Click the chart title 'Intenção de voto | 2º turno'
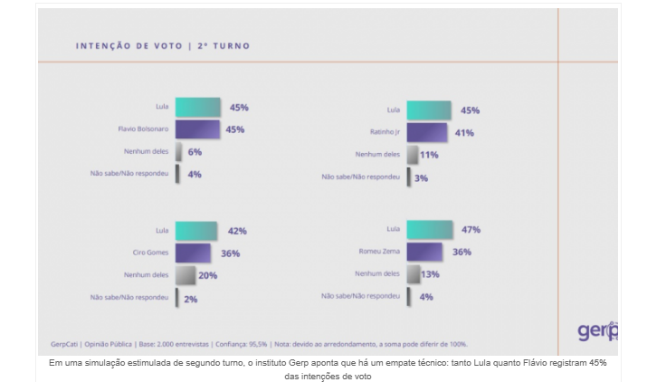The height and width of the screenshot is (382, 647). pyautogui.click(x=162, y=45)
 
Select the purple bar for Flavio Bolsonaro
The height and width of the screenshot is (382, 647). pyautogui.click(x=197, y=129)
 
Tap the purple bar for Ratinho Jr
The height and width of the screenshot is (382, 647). pyautogui.click(x=426, y=132)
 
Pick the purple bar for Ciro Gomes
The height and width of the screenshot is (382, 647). pyautogui.click(x=193, y=253)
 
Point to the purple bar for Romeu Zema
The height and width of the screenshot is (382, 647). pyautogui.click(x=424, y=252)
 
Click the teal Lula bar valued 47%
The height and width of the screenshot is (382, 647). pyautogui.click(x=430, y=230)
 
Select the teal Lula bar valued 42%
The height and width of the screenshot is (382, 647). pyautogui.click(x=195, y=231)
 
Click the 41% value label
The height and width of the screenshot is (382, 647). pyautogui.click(x=464, y=133)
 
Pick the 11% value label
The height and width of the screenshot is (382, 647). pyautogui.click(x=429, y=155)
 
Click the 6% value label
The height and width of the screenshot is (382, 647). pyautogui.click(x=195, y=152)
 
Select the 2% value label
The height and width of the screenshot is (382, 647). pyautogui.click(x=191, y=298)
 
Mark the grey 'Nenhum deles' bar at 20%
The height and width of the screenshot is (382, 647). pyautogui.click(x=186, y=275)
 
